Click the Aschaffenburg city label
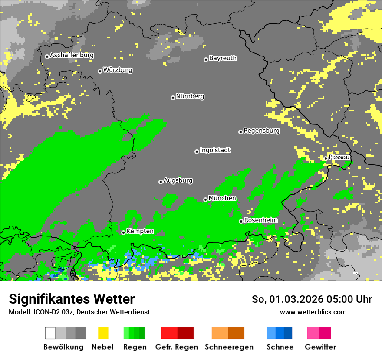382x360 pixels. [x=72, y=56]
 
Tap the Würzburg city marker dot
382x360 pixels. [x=100, y=71]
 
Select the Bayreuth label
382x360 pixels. [x=223, y=58]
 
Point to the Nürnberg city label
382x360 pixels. [x=190, y=97]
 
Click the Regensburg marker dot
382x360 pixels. [x=240, y=132]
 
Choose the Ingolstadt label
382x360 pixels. [x=215, y=151]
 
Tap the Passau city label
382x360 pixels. [x=339, y=157]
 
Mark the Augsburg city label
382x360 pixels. [x=178, y=180]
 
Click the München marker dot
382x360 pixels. [x=205, y=200]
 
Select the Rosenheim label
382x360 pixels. [x=260, y=220]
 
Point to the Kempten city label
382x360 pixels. [x=140, y=231]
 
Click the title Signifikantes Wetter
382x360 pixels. [x=72, y=299]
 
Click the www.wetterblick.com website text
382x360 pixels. [x=313, y=312]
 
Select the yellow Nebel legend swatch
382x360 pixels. [x=103, y=333]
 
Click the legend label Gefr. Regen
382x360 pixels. [x=177, y=347]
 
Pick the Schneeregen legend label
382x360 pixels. [x=229, y=347]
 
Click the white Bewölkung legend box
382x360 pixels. [x=50, y=333]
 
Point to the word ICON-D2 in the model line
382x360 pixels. [x=45, y=312]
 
